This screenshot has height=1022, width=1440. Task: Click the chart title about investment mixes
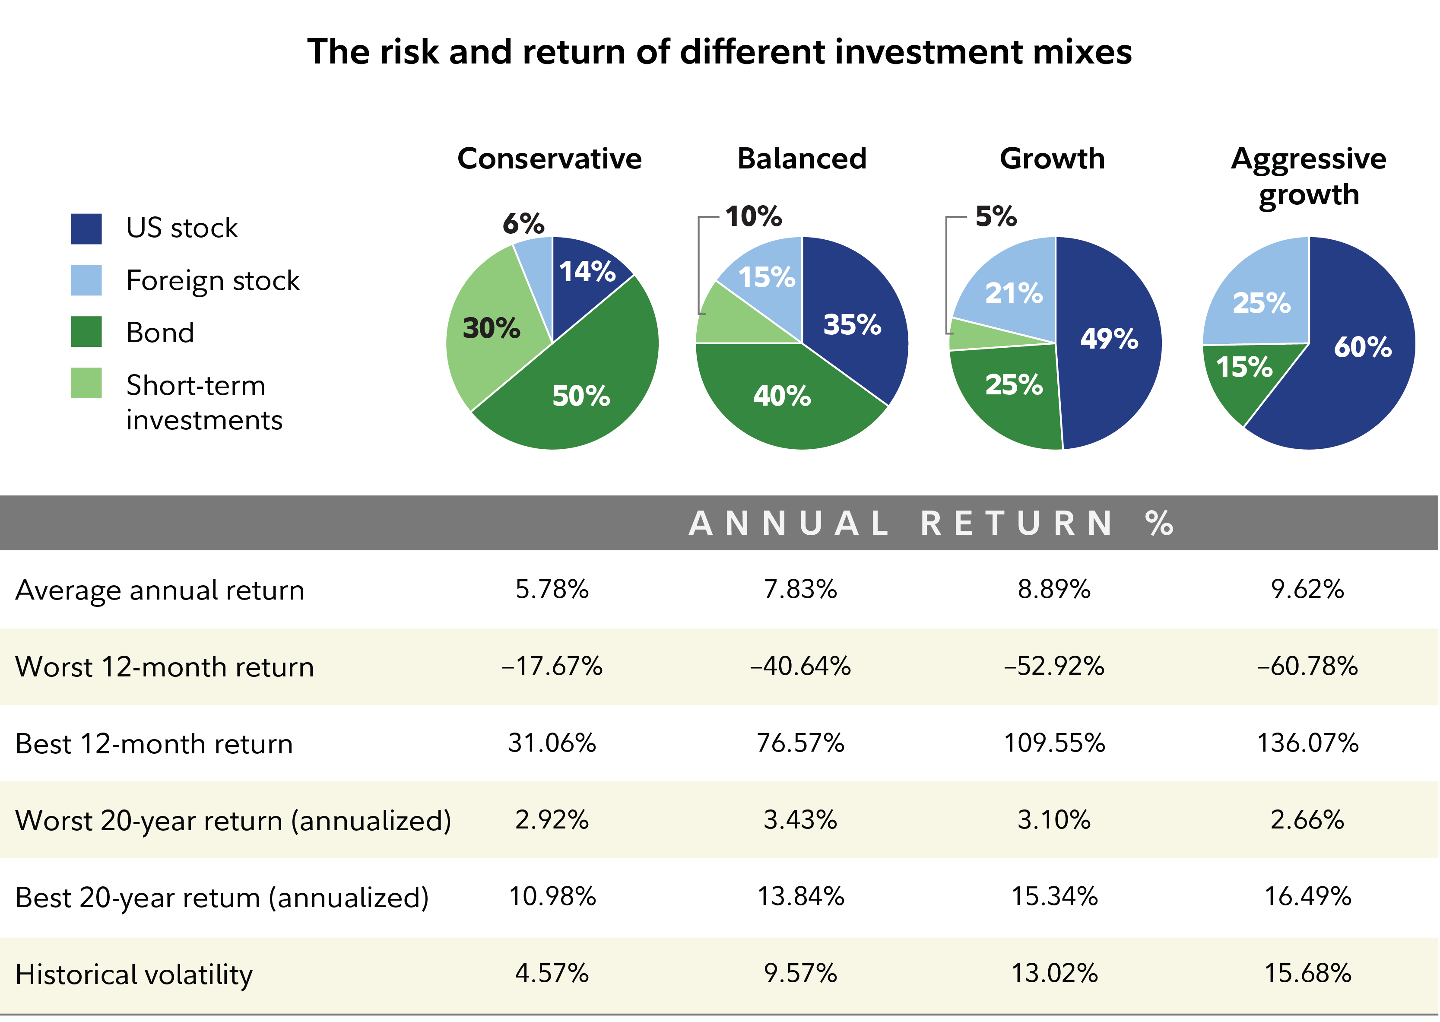(x=719, y=51)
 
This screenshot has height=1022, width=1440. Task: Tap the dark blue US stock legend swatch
(x=86, y=229)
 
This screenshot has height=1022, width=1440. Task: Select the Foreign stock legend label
(x=213, y=281)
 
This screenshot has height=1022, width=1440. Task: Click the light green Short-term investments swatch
(x=86, y=383)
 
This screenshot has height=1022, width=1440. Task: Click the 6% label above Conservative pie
(x=523, y=223)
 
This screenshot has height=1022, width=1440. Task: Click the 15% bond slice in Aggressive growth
(x=1244, y=367)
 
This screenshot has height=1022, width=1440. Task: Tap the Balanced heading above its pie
(x=802, y=159)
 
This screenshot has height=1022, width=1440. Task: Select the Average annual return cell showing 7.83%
(x=800, y=590)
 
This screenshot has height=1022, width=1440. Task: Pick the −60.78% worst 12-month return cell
(x=1307, y=667)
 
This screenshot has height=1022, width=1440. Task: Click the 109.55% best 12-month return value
(x=1054, y=743)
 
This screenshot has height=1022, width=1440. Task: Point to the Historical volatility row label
(x=133, y=974)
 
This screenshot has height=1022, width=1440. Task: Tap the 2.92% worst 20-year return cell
(x=552, y=820)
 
